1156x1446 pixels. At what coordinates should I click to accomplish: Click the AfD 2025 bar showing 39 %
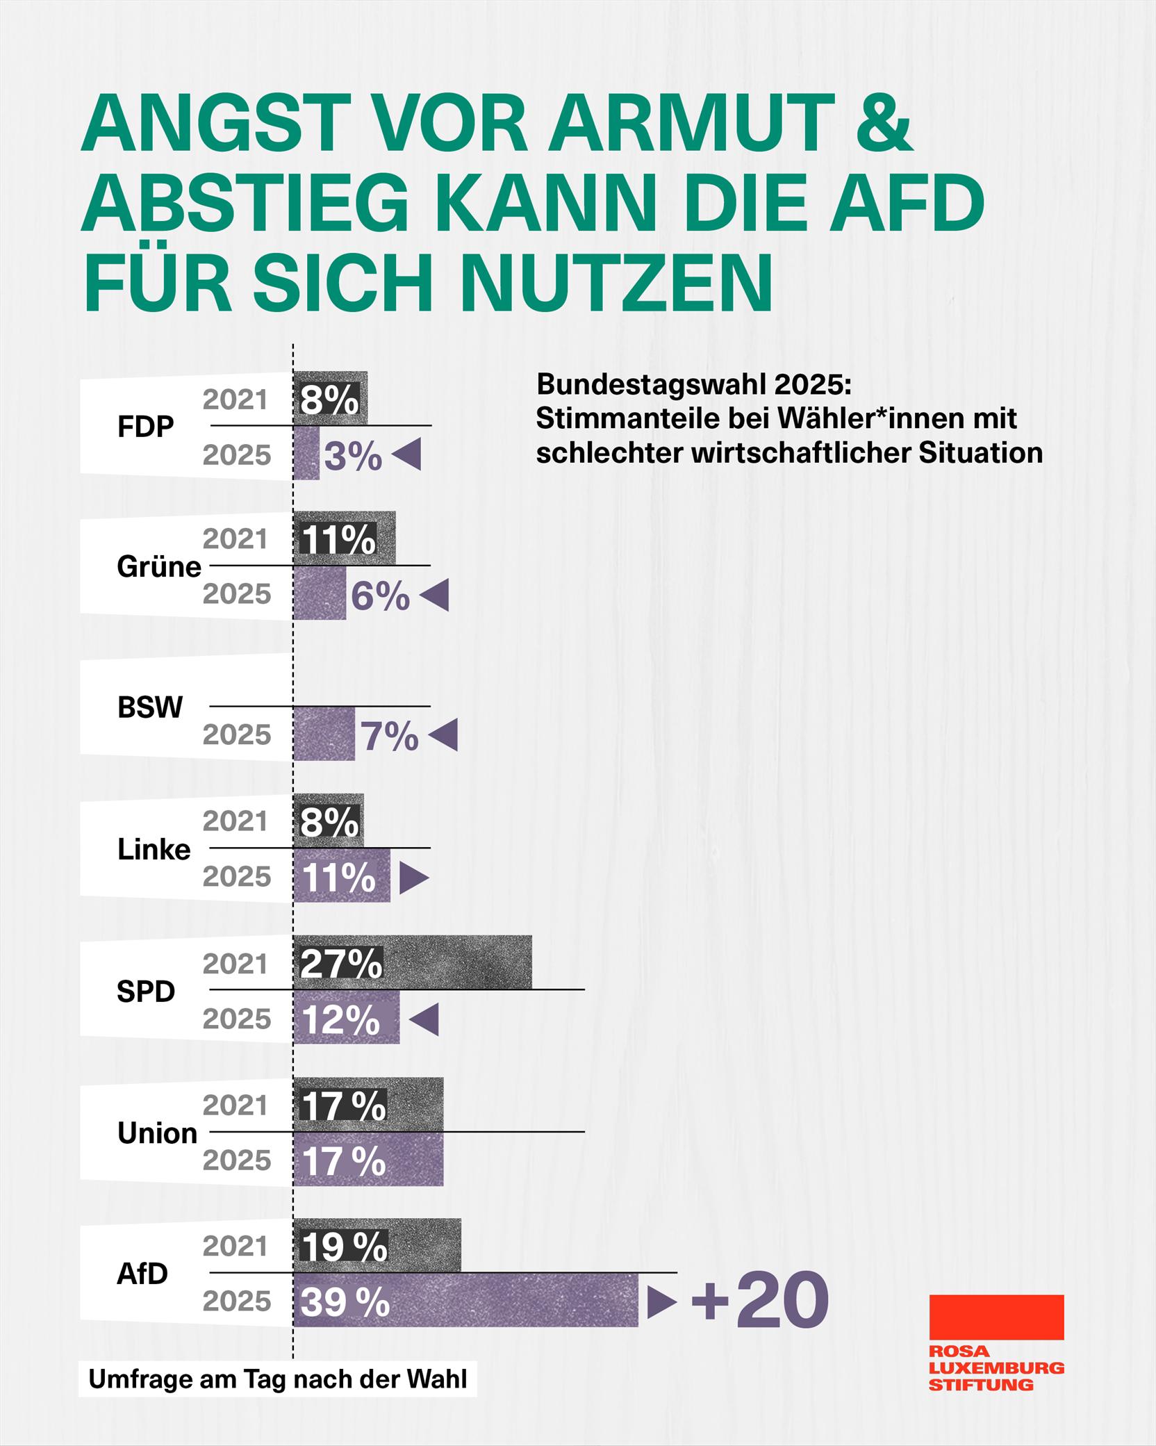pyautogui.click(x=465, y=1301)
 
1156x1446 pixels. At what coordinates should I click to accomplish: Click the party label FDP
pyautogui.click(x=145, y=427)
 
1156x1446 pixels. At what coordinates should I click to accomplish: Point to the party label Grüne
pyautogui.click(x=159, y=567)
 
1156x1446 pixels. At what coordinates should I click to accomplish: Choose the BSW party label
pyautogui.click(x=150, y=707)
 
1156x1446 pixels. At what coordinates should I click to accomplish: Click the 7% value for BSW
pyautogui.click(x=390, y=736)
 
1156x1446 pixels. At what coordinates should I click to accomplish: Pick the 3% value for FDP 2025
pyautogui.click(x=353, y=457)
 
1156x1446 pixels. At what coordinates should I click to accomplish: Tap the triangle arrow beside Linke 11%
pyautogui.click(x=413, y=878)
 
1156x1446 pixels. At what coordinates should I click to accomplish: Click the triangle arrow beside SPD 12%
pyautogui.click(x=424, y=1019)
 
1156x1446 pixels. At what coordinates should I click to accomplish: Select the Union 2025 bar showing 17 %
pyautogui.click(x=368, y=1160)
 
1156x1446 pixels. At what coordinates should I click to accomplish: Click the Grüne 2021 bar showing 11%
pyautogui.click(x=344, y=539)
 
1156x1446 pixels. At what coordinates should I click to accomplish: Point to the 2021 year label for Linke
pyautogui.click(x=236, y=821)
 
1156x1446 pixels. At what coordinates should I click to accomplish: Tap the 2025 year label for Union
pyautogui.click(x=237, y=1160)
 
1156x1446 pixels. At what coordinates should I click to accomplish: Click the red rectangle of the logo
pyautogui.click(x=996, y=1317)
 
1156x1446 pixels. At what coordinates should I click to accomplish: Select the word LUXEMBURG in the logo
pyautogui.click(x=996, y=1367)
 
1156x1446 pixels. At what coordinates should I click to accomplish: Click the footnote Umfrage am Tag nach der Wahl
pyautogui.click(x=278, y=1379)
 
